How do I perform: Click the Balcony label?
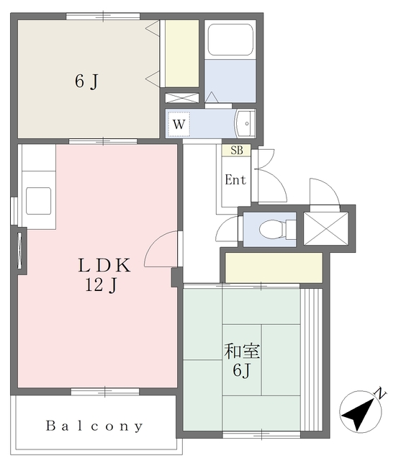coord(94,426)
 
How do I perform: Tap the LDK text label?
coord(104,265)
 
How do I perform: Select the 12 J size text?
coord(102,285)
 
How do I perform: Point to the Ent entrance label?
coord(235,179)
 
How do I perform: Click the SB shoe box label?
coord(237,151)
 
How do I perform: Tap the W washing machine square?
coord(179,124)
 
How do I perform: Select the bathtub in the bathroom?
coord(230,40)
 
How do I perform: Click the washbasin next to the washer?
coord(245,124)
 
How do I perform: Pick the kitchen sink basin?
coord(38,201)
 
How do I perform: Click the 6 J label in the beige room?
coord(86,81)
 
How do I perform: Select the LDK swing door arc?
coord(160,249)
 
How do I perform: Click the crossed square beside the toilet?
coord(325,228)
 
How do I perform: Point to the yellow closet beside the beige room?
coord(182,53)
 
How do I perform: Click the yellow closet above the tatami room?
coord(274,267)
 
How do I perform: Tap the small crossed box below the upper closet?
coord(182,98)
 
